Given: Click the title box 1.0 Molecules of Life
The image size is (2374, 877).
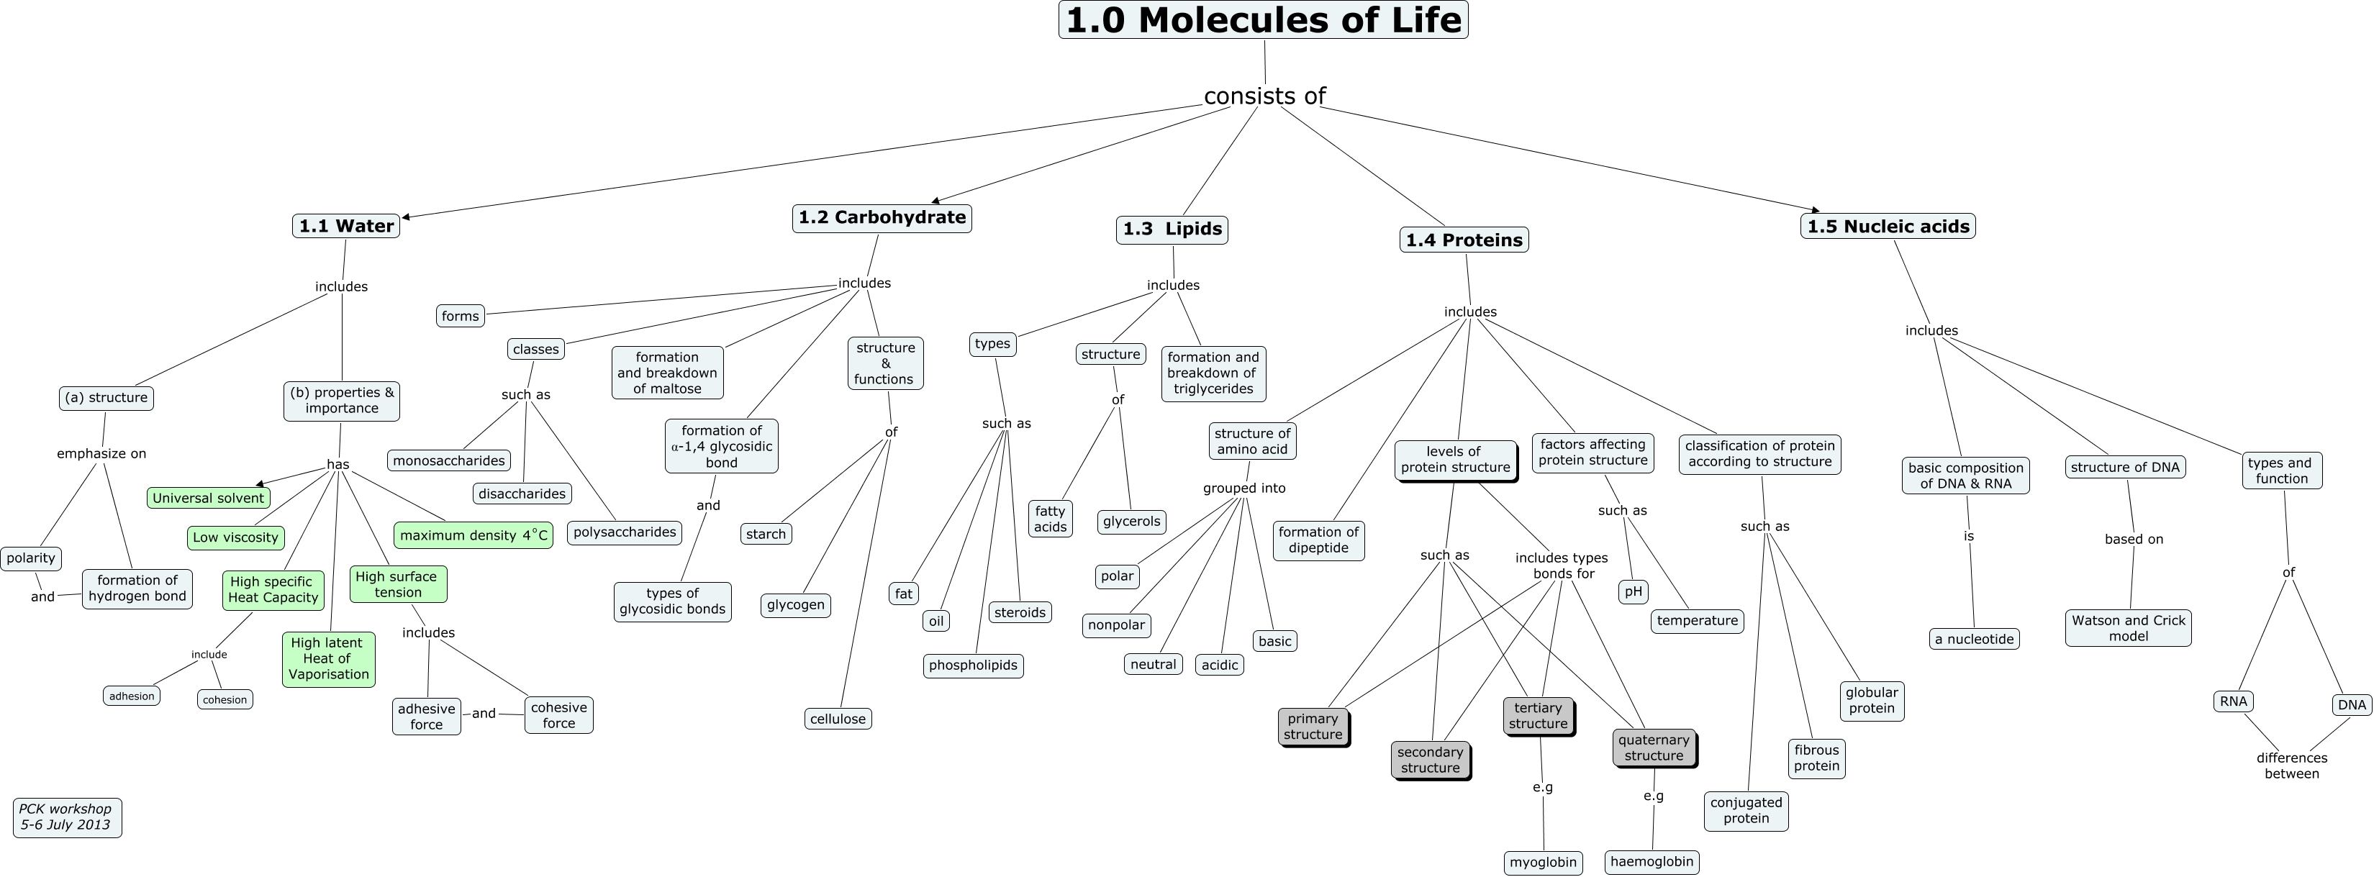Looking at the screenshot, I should [x=1263, y=20].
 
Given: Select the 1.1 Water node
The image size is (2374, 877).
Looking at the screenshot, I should [x=345, y=226].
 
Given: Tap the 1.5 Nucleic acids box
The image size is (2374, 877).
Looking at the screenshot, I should [x=1888, y=226].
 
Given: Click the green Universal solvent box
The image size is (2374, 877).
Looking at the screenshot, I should [x=208, y=497].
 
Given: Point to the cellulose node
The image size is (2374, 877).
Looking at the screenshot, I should [x=837, y=719].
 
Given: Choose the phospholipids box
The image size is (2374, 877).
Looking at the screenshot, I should [x=972, y=665].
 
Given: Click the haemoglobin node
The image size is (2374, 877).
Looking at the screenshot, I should [x=1652, y=861].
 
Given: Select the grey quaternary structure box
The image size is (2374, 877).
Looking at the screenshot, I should [x=1654, y=747].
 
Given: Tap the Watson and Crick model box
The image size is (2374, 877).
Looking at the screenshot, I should [x=2128, y=627].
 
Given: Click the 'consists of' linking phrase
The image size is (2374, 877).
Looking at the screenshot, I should [x=1264, y=96].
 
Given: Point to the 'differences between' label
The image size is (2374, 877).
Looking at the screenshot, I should [x=2291, y=765].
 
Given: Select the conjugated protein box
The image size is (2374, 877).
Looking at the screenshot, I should [x=1746, y=811].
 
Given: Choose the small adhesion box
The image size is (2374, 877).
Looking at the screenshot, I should [x=131, y=696].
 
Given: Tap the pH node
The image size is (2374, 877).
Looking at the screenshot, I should [x=1632, y=591].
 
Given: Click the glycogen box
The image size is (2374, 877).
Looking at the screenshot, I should [x=795, y=605].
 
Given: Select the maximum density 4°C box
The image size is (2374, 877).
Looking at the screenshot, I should [x=473, y=535].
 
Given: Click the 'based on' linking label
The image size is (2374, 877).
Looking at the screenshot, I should [x=2134, y=539].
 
